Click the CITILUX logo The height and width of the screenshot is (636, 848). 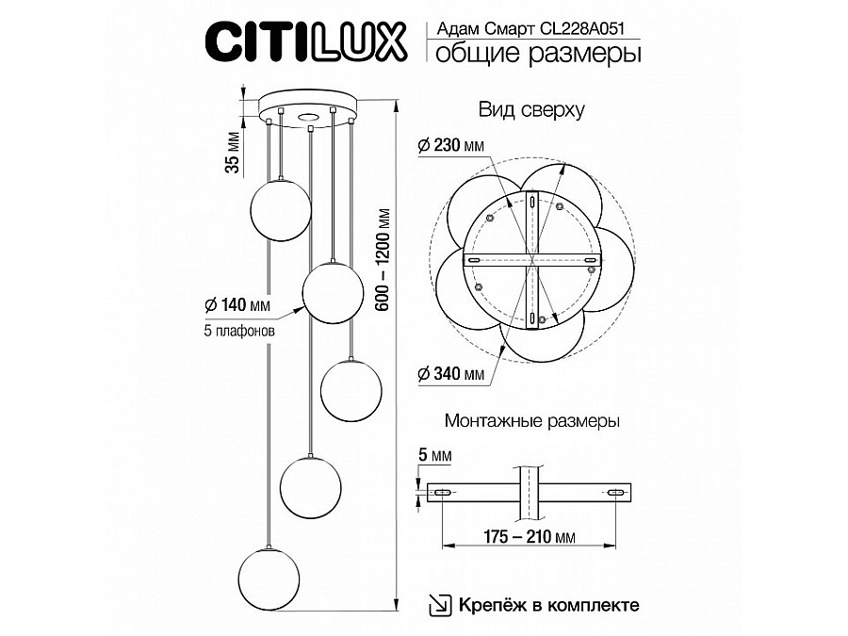coord(307,41)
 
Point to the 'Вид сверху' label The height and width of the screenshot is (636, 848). coord(532,109)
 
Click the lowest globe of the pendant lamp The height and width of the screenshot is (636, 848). coord(269,577)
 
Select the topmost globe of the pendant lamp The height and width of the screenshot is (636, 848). coord(279,205)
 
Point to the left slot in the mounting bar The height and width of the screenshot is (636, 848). coord(441,492)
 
